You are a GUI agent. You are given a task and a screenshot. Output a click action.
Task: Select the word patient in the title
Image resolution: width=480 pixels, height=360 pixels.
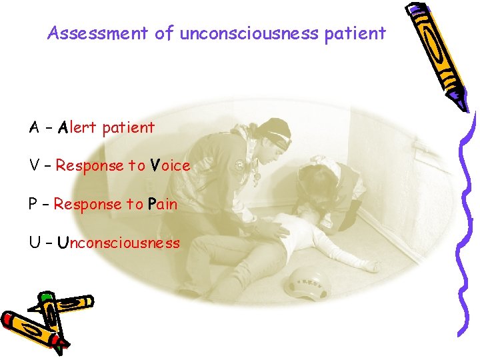point(355,33)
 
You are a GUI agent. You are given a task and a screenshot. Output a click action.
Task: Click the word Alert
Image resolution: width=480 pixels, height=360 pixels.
point(78,127)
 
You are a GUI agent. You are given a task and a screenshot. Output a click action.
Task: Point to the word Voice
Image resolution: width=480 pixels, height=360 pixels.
point(170,165)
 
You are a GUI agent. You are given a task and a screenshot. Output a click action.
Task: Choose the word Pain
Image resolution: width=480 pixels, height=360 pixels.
point(163,204)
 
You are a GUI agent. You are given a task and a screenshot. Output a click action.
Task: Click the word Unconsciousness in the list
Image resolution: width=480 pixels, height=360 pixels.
point(118,243)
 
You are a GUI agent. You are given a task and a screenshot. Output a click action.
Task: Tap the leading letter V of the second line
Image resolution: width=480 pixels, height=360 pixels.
point(33,165)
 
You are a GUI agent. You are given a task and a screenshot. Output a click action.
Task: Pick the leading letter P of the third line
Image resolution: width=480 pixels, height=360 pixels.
point(33,204)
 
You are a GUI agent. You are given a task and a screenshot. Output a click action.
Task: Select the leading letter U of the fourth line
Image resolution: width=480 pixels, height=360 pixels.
point(33,243)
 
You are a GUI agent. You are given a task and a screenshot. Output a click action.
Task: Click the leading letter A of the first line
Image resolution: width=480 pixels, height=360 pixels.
point(33,127)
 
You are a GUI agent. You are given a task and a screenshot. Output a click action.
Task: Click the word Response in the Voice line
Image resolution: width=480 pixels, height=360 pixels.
point(89,165)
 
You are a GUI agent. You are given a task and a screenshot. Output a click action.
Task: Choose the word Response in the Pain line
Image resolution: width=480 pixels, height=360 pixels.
point(88,204)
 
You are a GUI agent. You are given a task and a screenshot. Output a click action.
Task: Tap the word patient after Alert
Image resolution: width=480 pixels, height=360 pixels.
point(128,127)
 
